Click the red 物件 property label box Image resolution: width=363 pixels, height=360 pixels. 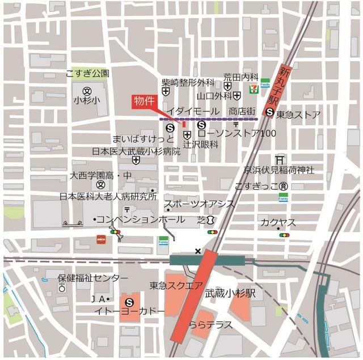[x=143, y=101]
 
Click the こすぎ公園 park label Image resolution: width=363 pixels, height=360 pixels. [x=87, y=74]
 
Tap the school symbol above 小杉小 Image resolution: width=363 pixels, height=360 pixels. [x=87, y=91]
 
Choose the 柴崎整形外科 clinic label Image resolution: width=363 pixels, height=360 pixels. [x=188, y=82]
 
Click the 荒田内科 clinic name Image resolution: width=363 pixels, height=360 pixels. [x=240, y=76]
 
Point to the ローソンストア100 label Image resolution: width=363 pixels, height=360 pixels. [x=237, y=134]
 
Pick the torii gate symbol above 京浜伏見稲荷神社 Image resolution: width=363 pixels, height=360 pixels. [x=279, y=160]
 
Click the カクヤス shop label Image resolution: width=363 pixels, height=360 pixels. [x=276, y=222]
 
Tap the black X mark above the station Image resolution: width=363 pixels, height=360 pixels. [x=197, y=251]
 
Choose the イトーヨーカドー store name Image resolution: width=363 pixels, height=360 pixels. [x=130, y=311]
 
